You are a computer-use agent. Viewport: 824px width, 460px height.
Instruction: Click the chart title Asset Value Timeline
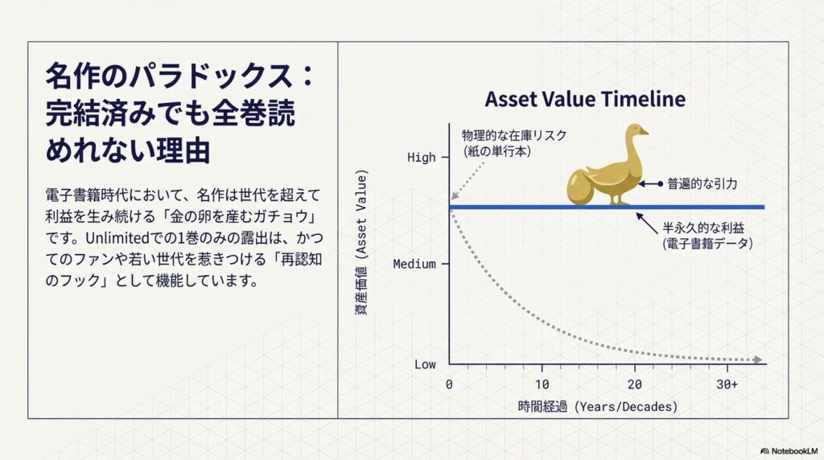click(x=585, y=99)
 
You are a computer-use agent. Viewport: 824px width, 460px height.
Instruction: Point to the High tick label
click(x=422, y=158)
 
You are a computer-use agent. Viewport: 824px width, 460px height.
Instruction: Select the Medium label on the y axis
click(x=414, y=264)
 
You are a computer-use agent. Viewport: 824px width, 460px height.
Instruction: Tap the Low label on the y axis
click(x=425, y=364)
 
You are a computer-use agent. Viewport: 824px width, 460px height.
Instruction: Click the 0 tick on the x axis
click(x=449, y=384)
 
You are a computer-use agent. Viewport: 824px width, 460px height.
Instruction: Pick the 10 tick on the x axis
click(x=542, y=384)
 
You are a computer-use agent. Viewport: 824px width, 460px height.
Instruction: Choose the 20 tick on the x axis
click(x=634, y=384)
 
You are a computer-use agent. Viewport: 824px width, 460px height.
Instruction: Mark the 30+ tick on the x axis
click(x=727, y=384)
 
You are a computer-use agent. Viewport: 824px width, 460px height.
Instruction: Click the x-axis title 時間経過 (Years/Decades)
click(x=598, y=406)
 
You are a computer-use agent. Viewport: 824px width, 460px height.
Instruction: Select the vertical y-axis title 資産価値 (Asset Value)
click(x=362, y=242)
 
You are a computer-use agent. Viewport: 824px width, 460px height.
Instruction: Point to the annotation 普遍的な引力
click(x=702, y=184)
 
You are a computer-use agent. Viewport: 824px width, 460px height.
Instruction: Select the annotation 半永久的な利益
click(x=703, y=228)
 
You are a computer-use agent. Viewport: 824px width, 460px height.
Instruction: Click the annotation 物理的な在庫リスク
click(x=514, y=135)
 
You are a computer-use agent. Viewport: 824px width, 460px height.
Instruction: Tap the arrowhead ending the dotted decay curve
click(x=758, y=359)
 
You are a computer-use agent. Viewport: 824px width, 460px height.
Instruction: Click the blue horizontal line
click(x=607, y=207)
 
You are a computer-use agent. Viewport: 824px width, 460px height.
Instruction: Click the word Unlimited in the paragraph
click(x=117, y=238)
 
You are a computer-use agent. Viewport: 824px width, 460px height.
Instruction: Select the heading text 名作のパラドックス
click(x=169, y=76)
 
